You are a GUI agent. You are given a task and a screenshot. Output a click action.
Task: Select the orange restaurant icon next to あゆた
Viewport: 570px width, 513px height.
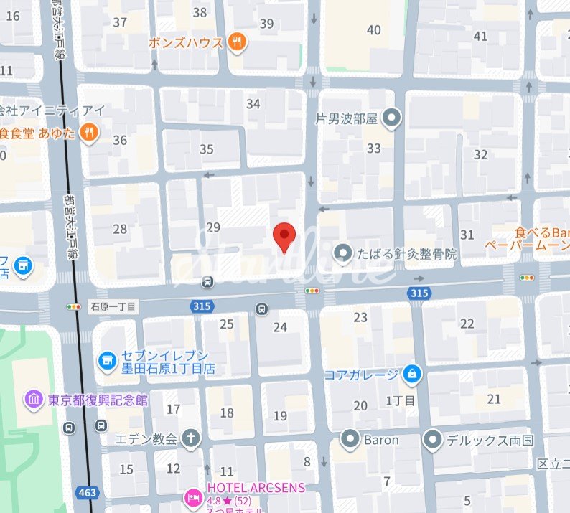pos(88,131)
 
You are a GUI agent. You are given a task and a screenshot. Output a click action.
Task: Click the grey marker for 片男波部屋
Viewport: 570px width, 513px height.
pos(391,117)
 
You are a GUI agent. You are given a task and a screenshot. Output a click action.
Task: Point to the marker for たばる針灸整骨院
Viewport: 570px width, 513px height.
pos(345,253)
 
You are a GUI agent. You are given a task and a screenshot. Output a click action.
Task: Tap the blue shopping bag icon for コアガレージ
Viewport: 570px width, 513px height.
pos(412,374)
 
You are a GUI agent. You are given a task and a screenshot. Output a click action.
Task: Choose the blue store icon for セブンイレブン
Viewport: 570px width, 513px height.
pos(107,360)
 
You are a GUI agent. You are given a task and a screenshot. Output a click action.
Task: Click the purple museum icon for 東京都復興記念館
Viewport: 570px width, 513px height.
pos(33,400)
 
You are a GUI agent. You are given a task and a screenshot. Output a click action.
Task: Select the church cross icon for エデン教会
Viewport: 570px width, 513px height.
pos(191,438)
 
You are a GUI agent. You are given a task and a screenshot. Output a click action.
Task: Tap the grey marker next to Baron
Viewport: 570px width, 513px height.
pos(350,439)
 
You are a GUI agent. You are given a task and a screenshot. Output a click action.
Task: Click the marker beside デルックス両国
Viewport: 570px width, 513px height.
pos(432,439)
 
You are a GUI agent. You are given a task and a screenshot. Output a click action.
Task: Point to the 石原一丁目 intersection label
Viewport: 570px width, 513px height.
pos(113,306)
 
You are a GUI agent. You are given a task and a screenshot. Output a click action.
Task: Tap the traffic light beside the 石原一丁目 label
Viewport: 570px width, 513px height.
pos(73,306)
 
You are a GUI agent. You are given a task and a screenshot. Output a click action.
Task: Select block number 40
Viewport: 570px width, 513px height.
pos(373,29)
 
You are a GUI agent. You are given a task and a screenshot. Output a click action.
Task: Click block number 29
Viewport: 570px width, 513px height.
pos(213,227)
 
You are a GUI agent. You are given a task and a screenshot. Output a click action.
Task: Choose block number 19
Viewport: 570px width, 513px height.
pos(280,415)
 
